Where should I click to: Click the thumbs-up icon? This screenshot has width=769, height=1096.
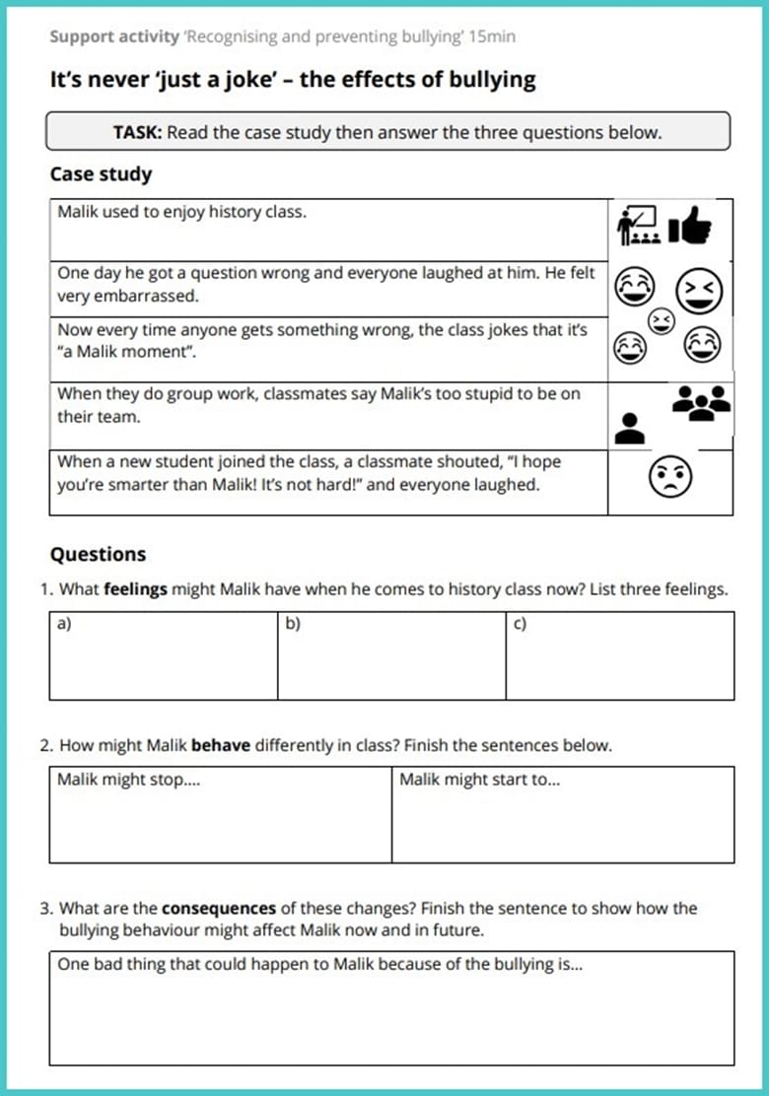pyautogui.click(x=689, y=228)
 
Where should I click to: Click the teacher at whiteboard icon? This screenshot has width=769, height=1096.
pyautogui.click(x=637, y=226)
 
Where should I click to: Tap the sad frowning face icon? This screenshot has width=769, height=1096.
pyautogui.click(x=669, y=479)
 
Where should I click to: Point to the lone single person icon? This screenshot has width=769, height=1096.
pyautogui.click(x=630, y=427)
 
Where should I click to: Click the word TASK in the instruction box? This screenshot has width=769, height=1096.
pyautogui.click(x=138, y=132)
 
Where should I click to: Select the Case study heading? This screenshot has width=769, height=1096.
pyautogui.click(x=101, y=174)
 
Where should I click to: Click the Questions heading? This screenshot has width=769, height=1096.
pyautogui.click(x=98, y=554)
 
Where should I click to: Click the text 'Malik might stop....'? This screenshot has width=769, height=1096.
pyautogui.click(x=121, y=780)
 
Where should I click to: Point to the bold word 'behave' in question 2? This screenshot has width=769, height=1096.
pyautogui.click(x=221, y=745)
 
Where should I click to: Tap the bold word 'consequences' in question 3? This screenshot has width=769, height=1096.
pyautogui.click(x=218, y=908)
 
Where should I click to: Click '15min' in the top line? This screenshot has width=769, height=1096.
pyautogui.click(x=492, y=37)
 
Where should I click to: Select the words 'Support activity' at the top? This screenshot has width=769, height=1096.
pyautogui.click(x=112, y=37)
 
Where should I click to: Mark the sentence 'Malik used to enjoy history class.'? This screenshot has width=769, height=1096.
pyautogui.click(x=181, y=211)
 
